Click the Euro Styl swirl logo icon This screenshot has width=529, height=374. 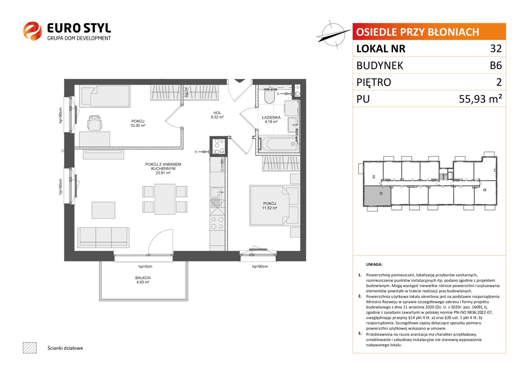pos(33,31)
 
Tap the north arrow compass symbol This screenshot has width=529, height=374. pos(333,35)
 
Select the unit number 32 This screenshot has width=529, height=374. pos(496,48)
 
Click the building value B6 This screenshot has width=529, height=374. pos(496,65)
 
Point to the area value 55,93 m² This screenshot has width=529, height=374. pos(480,99)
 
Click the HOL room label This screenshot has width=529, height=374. pos(217,113)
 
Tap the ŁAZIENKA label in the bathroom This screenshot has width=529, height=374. pos(271,117)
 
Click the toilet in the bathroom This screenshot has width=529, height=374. pos(270,97)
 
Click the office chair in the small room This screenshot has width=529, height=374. pos(95,123)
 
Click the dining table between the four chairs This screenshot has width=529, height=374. pos(165,199)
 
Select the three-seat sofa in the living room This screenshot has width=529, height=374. pos(104,237)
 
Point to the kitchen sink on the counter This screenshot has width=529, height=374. pos(216,192)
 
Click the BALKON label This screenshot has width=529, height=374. pos(143,278)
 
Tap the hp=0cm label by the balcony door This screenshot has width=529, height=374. pos(145,267)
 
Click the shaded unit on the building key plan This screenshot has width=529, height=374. pos(377,196)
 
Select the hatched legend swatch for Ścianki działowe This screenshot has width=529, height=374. pos(30,348)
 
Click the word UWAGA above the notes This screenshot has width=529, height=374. pos(374,265)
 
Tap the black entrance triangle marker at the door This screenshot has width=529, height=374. pos(239,81)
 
